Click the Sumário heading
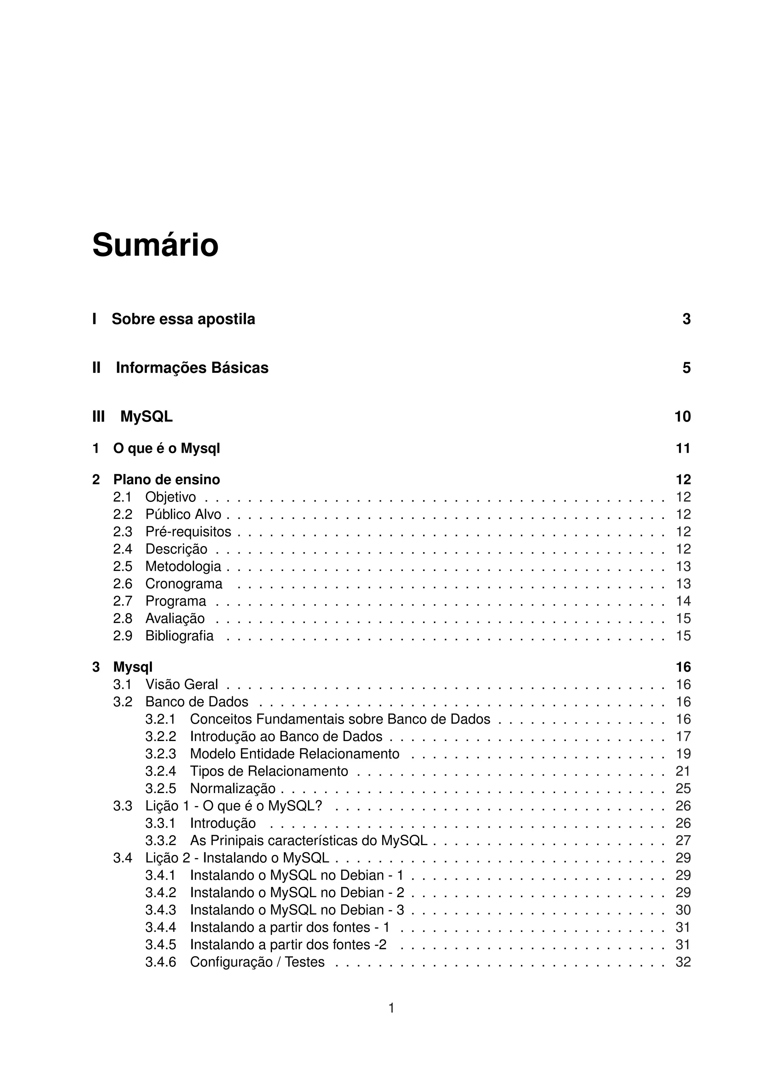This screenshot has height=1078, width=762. [156, 245]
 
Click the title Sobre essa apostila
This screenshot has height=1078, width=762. [183, 319]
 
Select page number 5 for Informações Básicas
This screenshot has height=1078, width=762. [686, 368]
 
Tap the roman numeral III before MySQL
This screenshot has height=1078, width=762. [99, 417]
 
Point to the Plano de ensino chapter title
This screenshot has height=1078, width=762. [166, 479]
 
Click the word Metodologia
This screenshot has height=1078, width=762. [183, 566]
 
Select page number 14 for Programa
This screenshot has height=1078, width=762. [683, 601]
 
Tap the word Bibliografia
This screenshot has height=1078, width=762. [179, 636]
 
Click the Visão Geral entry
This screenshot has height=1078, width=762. [181, 684]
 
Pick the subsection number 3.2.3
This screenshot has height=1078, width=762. [161, 754]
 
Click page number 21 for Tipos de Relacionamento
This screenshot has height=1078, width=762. [683, 771]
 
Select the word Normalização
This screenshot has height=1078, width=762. [233, 789]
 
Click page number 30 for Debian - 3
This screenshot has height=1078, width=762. [683, 910]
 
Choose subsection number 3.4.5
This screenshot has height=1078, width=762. [161, 945]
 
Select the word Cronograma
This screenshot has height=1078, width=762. [183, 584]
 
